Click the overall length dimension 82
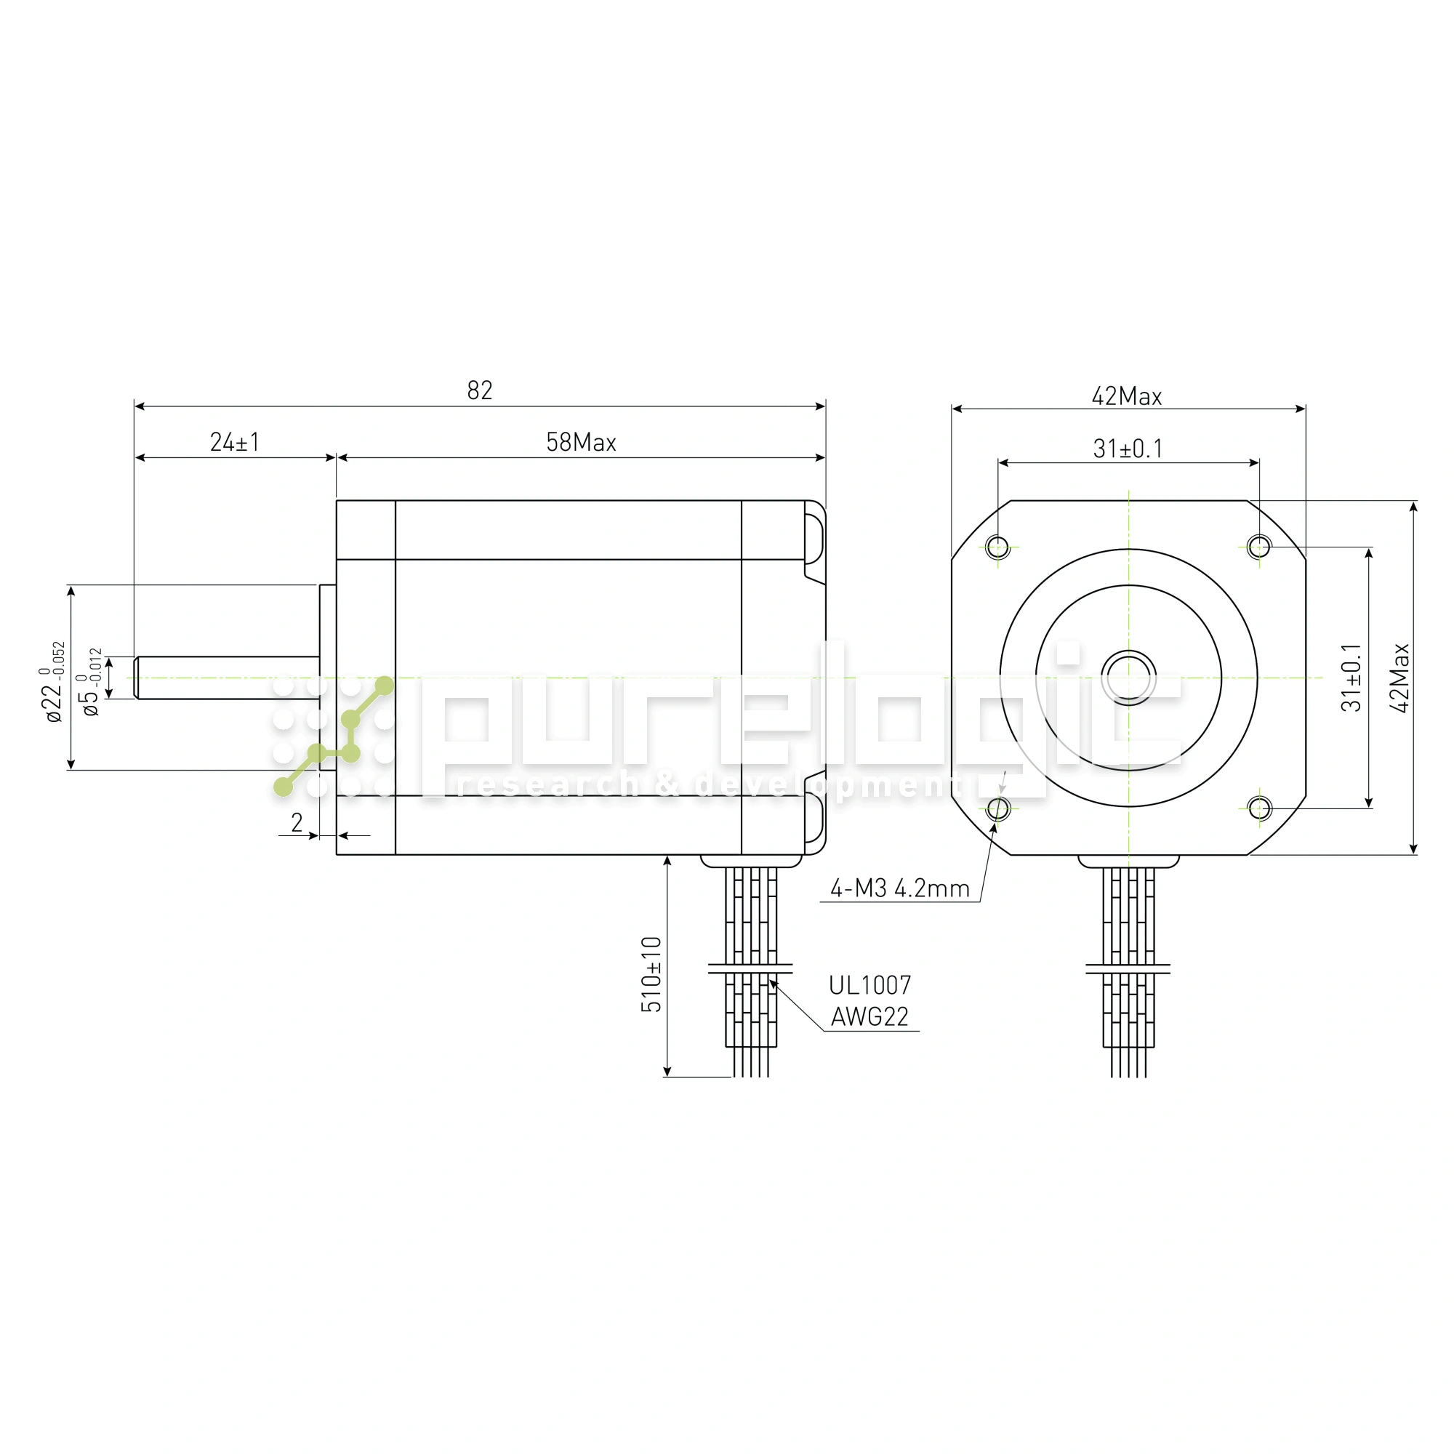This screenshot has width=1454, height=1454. pyautogui.click(x=479, y=390)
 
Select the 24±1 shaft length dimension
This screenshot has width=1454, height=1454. pyautogui.click(x=235, y=442)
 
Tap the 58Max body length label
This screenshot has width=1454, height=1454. pyautogui.click(x=581, y=442)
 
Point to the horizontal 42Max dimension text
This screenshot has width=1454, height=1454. pyautogui.click(x=1127, y=396)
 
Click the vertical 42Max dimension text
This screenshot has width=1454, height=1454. pyautogui.click(x=1399, y=678)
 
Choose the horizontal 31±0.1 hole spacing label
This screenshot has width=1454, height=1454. pyautogui.click(x=1128, y=449)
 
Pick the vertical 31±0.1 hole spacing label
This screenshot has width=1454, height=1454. pyautogui.click(x=1351, y=678)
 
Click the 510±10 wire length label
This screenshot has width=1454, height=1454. pyautogui.click(x=651, y=974)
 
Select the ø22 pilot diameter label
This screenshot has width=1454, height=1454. pyautogui.click(x=52, y=682)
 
